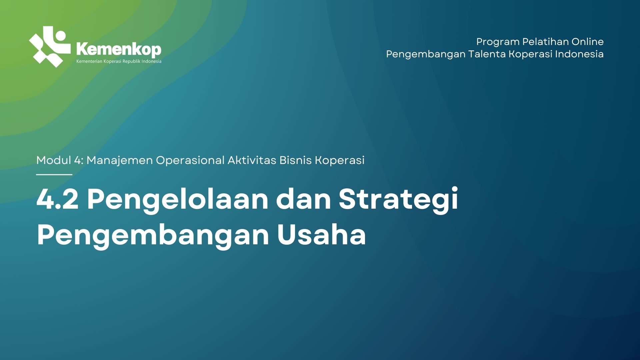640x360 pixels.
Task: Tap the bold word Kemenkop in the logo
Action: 119,49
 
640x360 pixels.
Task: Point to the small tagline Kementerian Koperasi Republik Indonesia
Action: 119,61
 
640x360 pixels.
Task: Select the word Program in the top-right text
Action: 498,42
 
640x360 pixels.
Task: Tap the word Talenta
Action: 487,54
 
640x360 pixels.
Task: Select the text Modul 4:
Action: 60,160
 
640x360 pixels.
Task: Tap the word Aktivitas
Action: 252,160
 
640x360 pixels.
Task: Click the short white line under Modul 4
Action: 54,174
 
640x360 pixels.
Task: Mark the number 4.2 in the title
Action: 57,199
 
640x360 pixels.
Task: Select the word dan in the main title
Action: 303,199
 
